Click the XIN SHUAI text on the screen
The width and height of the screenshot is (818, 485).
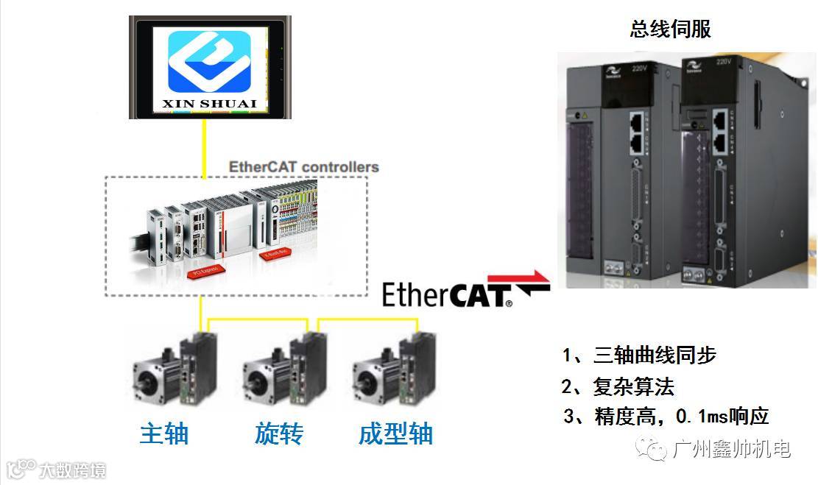[209, 104]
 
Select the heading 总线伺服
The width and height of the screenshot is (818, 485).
[670, 29]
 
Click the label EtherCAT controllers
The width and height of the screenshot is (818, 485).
[303, 166]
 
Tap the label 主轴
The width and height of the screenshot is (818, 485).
[164, 433]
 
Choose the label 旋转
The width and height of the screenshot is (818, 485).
[279, 433]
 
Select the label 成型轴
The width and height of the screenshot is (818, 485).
[395, 433]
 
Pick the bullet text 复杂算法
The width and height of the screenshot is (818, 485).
[633, 386]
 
